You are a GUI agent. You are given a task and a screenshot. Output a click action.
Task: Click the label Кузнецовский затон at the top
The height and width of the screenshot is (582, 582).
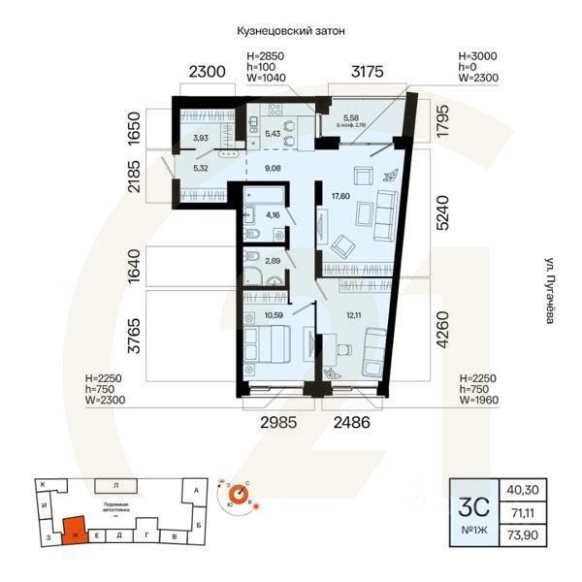pos(291,31)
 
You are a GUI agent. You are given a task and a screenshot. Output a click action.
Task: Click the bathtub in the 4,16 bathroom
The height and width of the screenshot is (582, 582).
pos(261,191)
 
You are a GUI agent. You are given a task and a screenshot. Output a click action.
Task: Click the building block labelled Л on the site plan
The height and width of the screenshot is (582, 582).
pos(115,483)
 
